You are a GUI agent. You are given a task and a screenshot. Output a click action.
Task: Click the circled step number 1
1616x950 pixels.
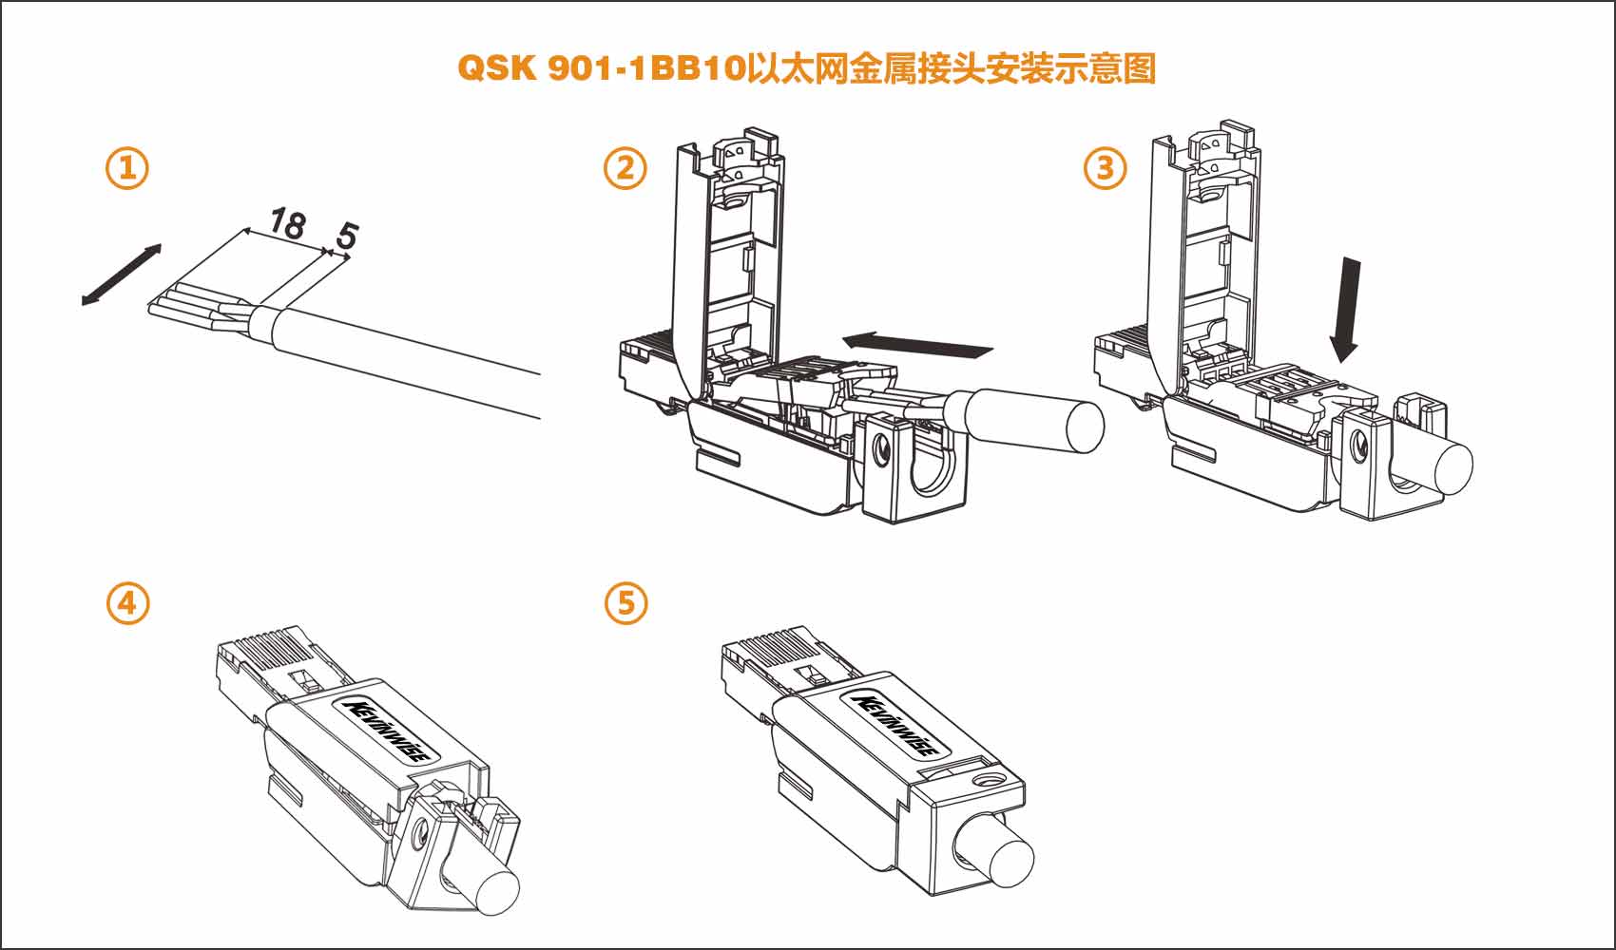[x=127, y=169]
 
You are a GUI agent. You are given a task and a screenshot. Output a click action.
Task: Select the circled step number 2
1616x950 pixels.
[x=625, y=169]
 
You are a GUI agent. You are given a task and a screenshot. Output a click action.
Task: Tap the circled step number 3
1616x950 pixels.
[x=1106, y=169]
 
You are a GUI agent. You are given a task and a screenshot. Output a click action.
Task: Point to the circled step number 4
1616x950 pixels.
[x=127, y=603]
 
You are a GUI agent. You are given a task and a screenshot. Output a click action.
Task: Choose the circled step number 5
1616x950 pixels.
[x=625, y=603]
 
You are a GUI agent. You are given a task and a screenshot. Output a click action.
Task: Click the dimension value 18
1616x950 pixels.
[x=286, y=223]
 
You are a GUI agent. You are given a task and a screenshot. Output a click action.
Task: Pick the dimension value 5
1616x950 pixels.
[x=346, y=235]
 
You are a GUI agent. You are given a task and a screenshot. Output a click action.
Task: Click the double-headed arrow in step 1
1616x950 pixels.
[x=121, y=275]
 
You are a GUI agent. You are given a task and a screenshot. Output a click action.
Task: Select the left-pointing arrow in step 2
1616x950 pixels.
[x=917, y=344]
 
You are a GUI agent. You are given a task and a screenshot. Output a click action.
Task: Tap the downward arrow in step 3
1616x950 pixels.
[x=1346, y=309]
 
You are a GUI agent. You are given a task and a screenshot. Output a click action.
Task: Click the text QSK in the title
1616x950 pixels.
[x=497, y=68]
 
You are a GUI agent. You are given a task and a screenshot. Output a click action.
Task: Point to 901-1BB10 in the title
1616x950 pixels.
[x=646, y=68]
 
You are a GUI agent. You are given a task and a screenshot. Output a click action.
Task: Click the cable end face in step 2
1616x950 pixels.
[x=1085, y=427]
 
